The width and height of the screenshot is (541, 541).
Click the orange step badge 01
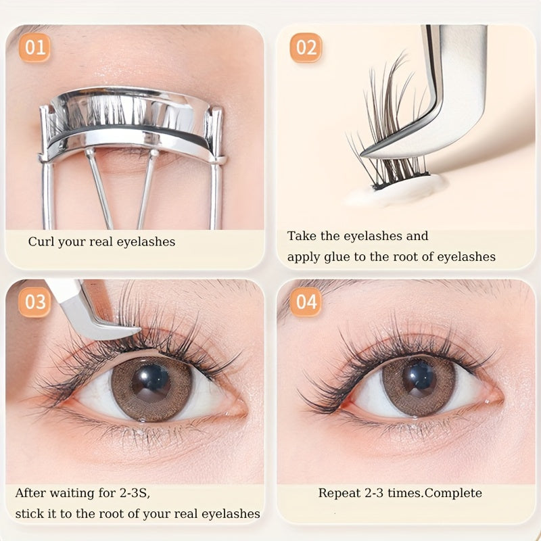[x=35, y=47]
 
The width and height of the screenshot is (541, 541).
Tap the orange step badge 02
[x=306, y=47]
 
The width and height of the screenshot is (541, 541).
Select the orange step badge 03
[x=35, y=302]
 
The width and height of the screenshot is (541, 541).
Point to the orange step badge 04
[x=306, y=302]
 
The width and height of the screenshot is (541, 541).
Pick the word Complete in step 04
[x=453, y=493]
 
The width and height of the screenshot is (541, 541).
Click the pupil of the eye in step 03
[x=151, y=382]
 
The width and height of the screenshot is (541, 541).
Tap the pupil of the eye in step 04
[x=419, y=377]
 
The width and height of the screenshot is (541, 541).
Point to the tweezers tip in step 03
[x=139, y=331]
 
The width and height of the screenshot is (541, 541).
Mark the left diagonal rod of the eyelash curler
[x=100, y=189]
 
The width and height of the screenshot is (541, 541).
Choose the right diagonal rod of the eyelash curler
[x=147, y=189]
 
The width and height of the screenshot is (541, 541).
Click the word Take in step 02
[x=302, y=236]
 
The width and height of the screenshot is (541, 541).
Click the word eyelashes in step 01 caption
[x=146, y=242]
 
